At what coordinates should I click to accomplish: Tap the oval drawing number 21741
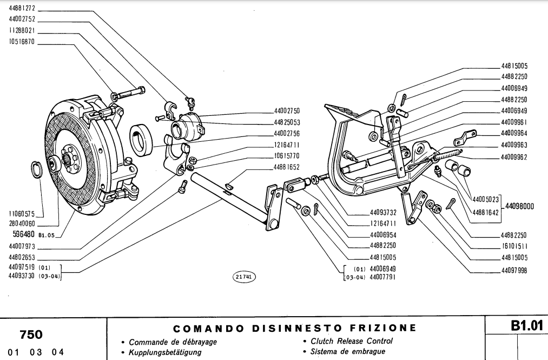[245, 276]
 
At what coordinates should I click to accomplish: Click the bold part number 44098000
[520, 207]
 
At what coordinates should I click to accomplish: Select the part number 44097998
[513, 270]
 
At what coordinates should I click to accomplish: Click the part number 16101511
[513, 246]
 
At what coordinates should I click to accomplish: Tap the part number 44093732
[384, 212]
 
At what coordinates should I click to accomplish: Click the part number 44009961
[513, 122]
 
